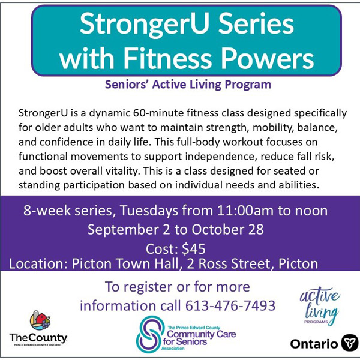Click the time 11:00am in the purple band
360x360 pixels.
coord(245,211)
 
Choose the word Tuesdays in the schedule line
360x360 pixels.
coord(149,211)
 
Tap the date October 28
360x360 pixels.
coord(227,230)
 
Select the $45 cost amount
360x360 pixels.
coord(194,249)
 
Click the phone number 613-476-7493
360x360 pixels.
coord(230,306)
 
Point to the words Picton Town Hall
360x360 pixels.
coord(125,264)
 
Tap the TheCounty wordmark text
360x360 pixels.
coord(38,338)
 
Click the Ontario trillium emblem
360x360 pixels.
coord(349,343)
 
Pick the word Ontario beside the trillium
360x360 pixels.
coord(314,344)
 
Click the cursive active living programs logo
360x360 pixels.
coord(320,306)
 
